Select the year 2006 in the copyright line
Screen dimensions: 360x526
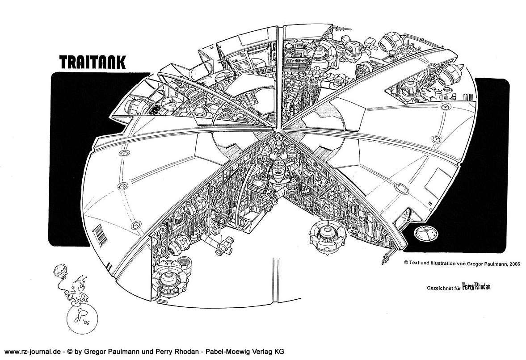(x=500, y=264)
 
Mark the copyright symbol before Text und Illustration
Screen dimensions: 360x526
(x=406, y=264)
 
